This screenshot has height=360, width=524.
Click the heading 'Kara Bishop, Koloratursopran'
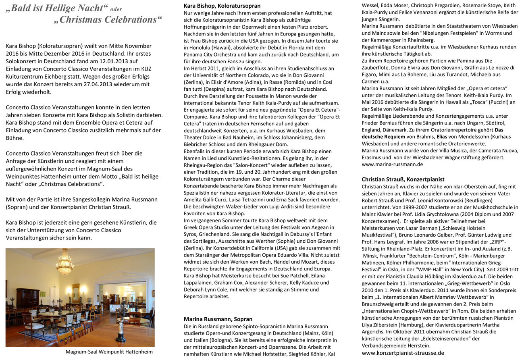(x=222, y=6)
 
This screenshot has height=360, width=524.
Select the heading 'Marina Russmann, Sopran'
(x=218, y=319)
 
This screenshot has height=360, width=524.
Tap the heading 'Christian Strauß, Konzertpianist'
(x=403, y=179)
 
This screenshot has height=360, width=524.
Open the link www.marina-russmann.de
(x=392, y=164)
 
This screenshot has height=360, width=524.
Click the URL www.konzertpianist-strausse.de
(x=403, y=353)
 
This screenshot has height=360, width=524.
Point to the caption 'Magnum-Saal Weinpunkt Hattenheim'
(x=109, y=352)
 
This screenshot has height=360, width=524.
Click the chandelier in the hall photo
(x=64, y=264)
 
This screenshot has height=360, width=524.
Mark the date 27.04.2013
(x=104, y=84)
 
